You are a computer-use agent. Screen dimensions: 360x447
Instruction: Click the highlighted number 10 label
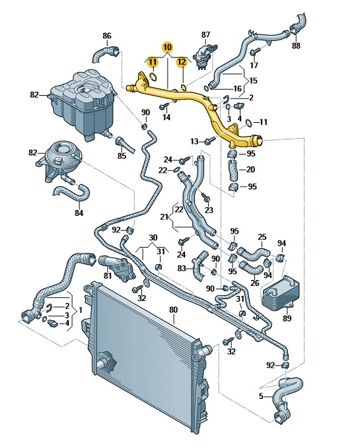coord(167,46)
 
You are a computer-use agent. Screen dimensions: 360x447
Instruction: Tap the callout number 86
coord(107,36)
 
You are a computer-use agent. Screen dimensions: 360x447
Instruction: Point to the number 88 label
coord(296,46)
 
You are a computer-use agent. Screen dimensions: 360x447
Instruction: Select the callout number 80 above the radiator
coord(173,310)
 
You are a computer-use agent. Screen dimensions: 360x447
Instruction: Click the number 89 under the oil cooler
coord(287,318)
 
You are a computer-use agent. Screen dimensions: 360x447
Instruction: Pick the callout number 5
coord(261,396)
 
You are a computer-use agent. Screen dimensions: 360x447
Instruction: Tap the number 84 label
coord(79,213)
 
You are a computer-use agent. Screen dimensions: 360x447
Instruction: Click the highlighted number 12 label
coord(182,62)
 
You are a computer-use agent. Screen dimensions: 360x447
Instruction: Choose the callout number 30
coord(153,238)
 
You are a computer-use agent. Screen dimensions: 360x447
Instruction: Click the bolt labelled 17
coord(255,52)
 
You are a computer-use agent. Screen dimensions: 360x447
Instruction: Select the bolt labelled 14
coord(164,106)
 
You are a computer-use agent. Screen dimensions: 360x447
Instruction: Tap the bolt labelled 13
coord(210,140)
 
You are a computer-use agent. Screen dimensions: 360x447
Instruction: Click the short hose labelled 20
coord(233,170)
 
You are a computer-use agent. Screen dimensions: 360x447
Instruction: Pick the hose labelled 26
coord(251,267)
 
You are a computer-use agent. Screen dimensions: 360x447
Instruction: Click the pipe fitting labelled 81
coord(118,268)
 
